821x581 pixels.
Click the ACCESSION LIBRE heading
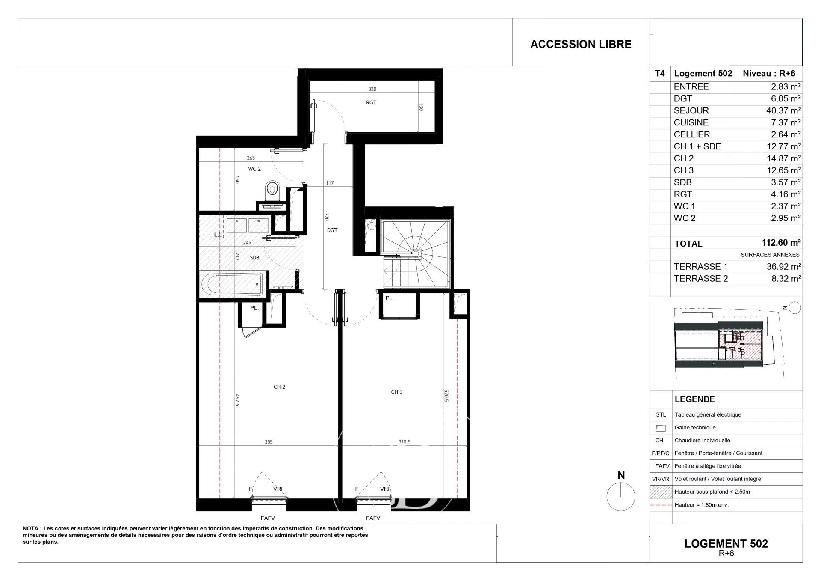point(581,44)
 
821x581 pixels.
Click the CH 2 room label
point(279,387)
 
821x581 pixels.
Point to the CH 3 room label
point(397,392)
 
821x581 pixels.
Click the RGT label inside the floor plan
point(371,103)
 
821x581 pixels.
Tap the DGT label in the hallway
point(332,230)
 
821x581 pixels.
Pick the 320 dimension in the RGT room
point(372,89)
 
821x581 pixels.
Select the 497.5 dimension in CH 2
point(237,400)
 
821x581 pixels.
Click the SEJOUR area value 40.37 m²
point(783,110)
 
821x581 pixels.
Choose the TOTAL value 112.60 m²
point(781,243)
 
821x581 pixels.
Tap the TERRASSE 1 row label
point(700,267)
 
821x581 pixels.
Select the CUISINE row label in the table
point(691,122)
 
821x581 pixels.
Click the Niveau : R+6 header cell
point(769,73)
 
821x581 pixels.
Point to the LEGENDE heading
point(694,399)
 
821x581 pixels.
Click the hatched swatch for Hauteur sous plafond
point(661,492)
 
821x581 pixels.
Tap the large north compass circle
point(621,497)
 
